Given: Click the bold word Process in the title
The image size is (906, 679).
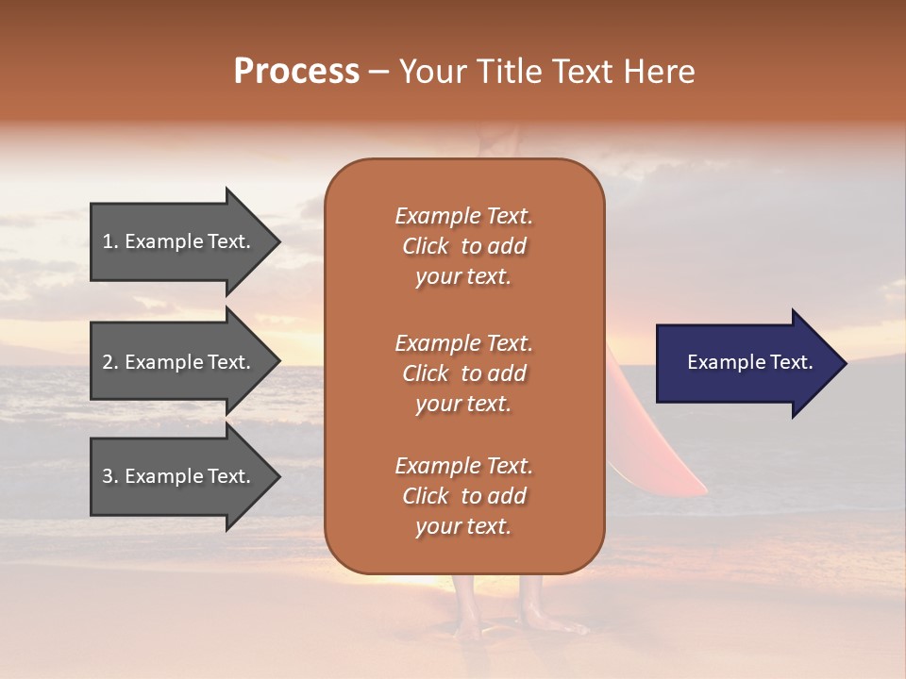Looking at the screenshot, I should (296, 72).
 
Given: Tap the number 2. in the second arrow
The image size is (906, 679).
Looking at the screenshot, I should (110, 362).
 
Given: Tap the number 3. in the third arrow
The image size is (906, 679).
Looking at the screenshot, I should (110, 476).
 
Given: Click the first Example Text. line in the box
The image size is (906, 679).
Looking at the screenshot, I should (463, 216).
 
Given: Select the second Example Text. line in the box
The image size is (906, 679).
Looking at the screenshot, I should (463, 342).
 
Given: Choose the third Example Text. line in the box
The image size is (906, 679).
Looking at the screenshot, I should (463, 466).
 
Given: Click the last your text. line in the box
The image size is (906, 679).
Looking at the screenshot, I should (463, 526).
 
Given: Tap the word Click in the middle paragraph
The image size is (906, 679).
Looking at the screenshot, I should (426, 373).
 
